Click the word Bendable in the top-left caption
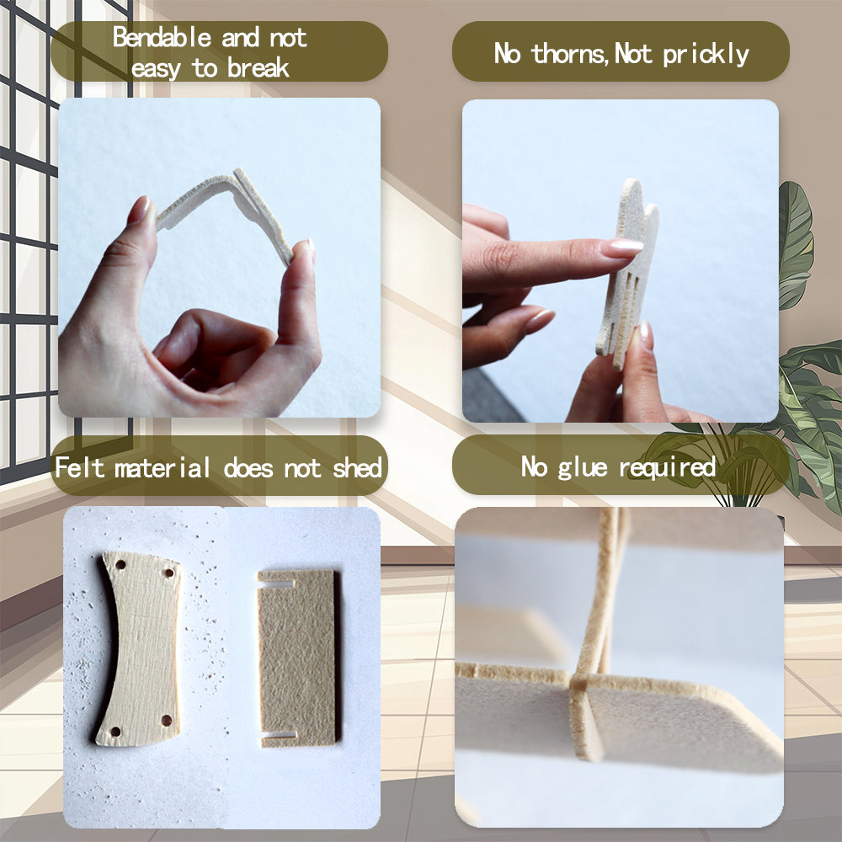click(162, 38)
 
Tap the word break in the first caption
click(258, 69)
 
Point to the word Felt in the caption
click(79, 467)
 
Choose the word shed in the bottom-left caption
click(357, 467)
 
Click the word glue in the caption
click(583, 467)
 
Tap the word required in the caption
click(668, 467)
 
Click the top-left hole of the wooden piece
click(120, 565)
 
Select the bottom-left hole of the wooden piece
click(115, 732)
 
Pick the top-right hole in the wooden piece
click(169, 573)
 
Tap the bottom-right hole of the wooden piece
click(167, 720)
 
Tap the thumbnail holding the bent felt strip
click(139, 210)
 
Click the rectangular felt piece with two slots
click(297, 658)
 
